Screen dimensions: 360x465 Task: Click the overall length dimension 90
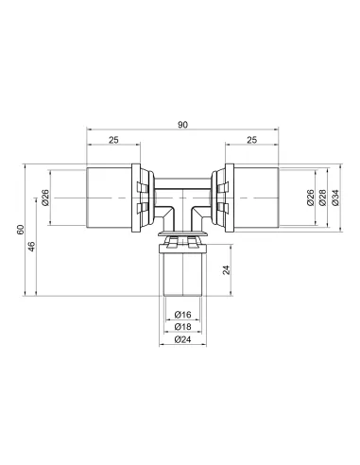182,125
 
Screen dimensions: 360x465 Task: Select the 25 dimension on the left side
113,140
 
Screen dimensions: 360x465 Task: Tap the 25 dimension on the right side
251,140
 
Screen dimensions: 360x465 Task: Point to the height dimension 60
21,230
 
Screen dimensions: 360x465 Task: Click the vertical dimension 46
32,247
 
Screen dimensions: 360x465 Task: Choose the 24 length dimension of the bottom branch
227,270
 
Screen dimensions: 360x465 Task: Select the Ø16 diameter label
182,315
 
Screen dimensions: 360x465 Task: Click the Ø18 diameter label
182,327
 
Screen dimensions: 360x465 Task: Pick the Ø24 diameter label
182,339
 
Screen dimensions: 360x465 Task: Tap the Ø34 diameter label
335,198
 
